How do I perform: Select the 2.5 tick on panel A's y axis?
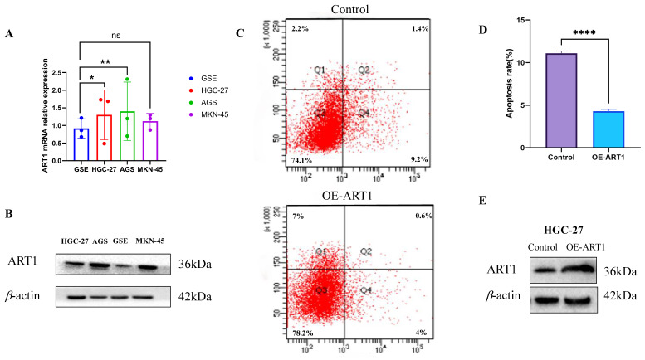[x=58, y=72]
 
